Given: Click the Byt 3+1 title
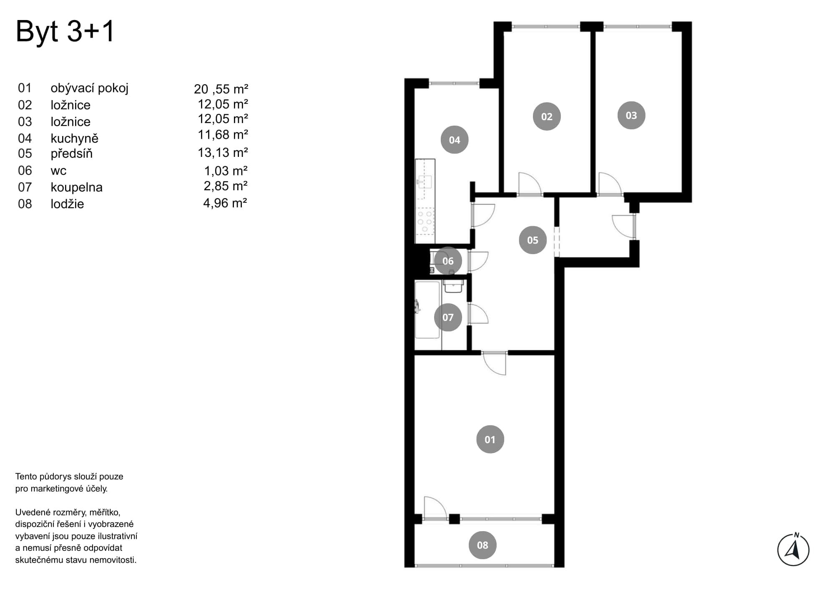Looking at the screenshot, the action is tap(65, 32).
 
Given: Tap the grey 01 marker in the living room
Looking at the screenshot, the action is tap(490, 439).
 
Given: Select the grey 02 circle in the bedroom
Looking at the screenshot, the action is tap(547, 116).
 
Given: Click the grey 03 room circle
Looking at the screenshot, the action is tap(631, 115).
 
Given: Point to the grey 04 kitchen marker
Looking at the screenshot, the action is tap(455, 140).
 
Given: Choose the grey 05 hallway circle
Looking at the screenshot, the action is tap(533, 240).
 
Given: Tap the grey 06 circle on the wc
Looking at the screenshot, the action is tap(448, 261).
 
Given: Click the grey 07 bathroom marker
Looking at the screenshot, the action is tap(448, 317).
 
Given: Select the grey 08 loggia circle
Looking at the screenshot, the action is tap(482, 545).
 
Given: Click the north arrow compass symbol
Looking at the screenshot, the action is tap(793, 550).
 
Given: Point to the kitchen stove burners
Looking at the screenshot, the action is tap(425, 221).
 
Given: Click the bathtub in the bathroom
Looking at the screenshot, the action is tap(427, 310).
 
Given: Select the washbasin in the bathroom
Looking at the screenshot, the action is tap(453, 286).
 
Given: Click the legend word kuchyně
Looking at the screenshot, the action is tap(75, 139).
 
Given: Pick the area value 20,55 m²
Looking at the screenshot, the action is tap(221, 89).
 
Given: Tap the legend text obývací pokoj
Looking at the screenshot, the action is tap(90, 88).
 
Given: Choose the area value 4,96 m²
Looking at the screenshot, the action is tap(225, 203).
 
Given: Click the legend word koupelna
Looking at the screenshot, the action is tap(77, 187).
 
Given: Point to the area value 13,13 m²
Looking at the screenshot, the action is tap(223, 153).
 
